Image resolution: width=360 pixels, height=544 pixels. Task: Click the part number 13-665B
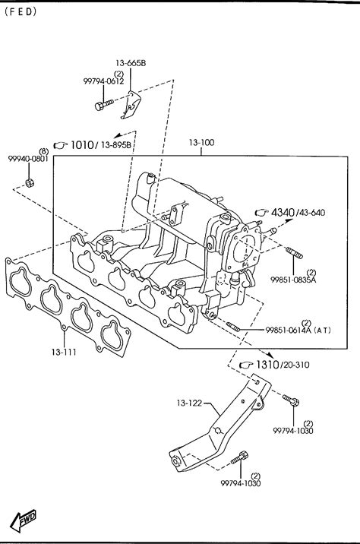click(x=131, y=63)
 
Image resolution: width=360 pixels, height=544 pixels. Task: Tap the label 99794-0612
click(x=103, y=81)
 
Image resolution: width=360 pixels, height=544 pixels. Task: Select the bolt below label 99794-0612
click(x=104, y=104)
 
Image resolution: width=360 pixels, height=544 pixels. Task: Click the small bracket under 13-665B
click(x=131, y=105)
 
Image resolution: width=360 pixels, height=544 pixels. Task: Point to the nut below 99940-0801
click(x=30, y=183)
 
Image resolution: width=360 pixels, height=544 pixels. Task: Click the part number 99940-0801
click(x=28, y=159)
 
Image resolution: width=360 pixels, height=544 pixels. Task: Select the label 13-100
click(x=201, y=143)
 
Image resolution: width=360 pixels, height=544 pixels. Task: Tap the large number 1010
click(x=82, y=144)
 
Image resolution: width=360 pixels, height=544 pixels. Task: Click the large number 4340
click(x=283, y=212)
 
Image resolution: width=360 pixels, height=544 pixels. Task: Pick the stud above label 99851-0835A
click(x=294, y=252)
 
